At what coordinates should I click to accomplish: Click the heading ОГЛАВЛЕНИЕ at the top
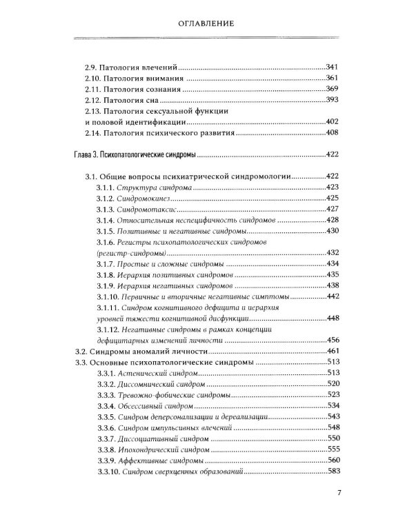(207, 23)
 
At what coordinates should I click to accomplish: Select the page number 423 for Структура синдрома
(333, 187)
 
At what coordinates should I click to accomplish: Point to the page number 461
(333, 350)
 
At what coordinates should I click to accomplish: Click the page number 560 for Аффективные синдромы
(333, 460)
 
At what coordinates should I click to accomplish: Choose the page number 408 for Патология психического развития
(333, 132)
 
